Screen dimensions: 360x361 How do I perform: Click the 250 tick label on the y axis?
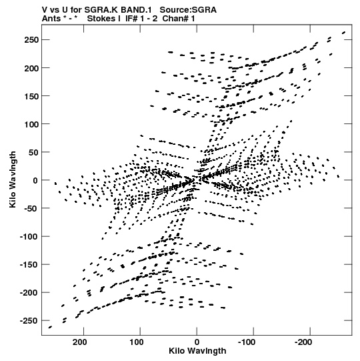click(x=31, y=40)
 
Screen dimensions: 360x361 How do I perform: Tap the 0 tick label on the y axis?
click(x=35, y=180)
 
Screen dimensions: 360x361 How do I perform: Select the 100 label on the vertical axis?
click(x=31, y=124)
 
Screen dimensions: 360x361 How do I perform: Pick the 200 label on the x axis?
click(x=80, y=342)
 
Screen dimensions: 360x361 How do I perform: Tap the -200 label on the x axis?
click(x=303, y=342)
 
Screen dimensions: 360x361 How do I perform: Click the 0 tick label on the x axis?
click(x=197, y=342)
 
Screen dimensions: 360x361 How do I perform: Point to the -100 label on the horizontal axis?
click(x=247, y=342)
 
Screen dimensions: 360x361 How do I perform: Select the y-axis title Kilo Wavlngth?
click(x=13, y=179)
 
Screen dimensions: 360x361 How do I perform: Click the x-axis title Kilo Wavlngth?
click(x=197, y=351)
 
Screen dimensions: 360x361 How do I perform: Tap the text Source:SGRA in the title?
click(x=188, y=10)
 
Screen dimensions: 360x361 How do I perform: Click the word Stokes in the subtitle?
click(x=101, y=19)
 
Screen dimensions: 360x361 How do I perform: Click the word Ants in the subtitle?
click(x=51, y=19)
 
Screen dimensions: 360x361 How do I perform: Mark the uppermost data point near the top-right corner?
click(x=344, y=33)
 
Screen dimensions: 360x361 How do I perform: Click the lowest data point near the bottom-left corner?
click(x=50, y=327)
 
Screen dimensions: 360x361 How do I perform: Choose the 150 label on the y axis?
click(x=31, y=96)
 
